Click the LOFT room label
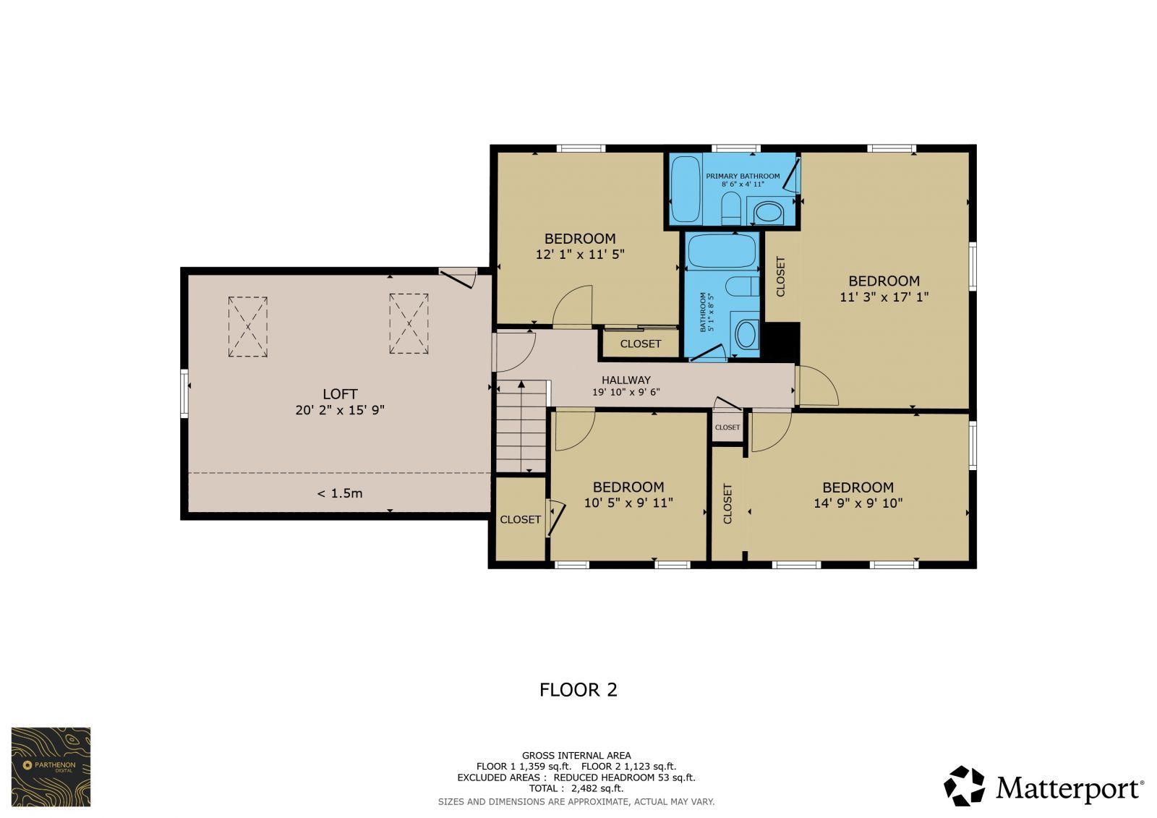click(x=340, y=394)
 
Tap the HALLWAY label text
click(x=626, y=380)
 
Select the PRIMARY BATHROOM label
click(x=743, y=176)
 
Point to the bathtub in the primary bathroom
click(x=686, y=189)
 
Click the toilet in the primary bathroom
click(x=730, y=209)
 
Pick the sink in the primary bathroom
click(x=769, y=213)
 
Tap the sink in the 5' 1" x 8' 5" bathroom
click(x=746, y=334)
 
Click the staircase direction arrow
click(x=521, y=426)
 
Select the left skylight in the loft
click(x=248, y=327)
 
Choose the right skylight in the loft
click(x=409, y=323)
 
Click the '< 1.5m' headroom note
click(x=340, y=493)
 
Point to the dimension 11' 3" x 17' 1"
click(x=884, y=297)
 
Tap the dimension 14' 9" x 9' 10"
click(x=858, y=503)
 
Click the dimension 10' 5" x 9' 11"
click(x=628, y=503)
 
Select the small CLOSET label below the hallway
click(x=727, y=427)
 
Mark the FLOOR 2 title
click(x=578, y=690)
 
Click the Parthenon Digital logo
click(x=51, y=767)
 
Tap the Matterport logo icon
click(x=965, y=786)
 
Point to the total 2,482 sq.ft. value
click(x=597, y=788)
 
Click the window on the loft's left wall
click(x=184, y=393)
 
